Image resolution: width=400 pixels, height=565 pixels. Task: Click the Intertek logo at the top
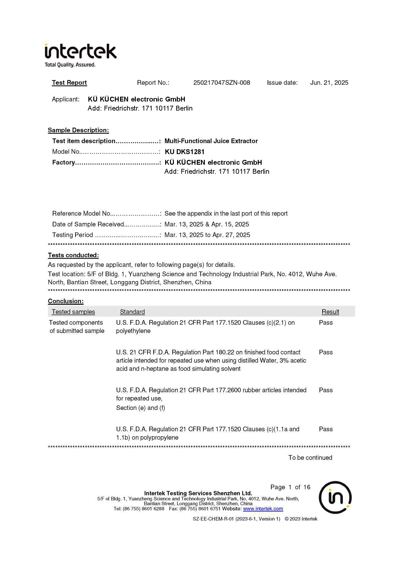click(x=80, y=55)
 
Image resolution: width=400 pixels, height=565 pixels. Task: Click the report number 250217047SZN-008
click(x=222, y=83)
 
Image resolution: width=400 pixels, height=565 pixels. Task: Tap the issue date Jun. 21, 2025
click(x=329, y=83)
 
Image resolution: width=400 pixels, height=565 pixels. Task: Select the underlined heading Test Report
click(x=69, y=83)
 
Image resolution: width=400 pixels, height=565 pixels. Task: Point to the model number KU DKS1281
click(x=185, y=152)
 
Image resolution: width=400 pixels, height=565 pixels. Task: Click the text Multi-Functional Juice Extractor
click(x=211, y=141)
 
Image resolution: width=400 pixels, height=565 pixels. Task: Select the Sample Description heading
click(x=78, y=130)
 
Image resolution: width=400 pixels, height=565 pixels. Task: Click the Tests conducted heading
click(x=73, y=255)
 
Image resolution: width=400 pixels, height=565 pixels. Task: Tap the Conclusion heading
click(x=66, y=301)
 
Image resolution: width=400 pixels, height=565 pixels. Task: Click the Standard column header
click(x=132, y=312)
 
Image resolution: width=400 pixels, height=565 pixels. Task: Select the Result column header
click(x=330, y=312)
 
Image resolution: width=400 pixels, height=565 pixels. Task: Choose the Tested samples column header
click(x=73, y=312)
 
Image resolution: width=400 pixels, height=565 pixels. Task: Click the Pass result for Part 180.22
click(x=326, y=352)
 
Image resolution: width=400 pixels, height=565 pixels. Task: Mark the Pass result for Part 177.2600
click(x=326, y=390)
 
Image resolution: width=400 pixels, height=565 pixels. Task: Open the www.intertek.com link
click(x=263, y=509)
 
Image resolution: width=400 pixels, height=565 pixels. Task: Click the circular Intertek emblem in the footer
click(x=335, y=497)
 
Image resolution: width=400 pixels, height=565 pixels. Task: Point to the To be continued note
click(x=310, y=458)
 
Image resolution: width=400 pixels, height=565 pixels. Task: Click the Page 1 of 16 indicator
click(x=290, y=487)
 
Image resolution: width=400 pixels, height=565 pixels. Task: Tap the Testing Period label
click(x=73, y=235)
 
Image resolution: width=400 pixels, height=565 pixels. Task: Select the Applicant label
click(x=65, y=99)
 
